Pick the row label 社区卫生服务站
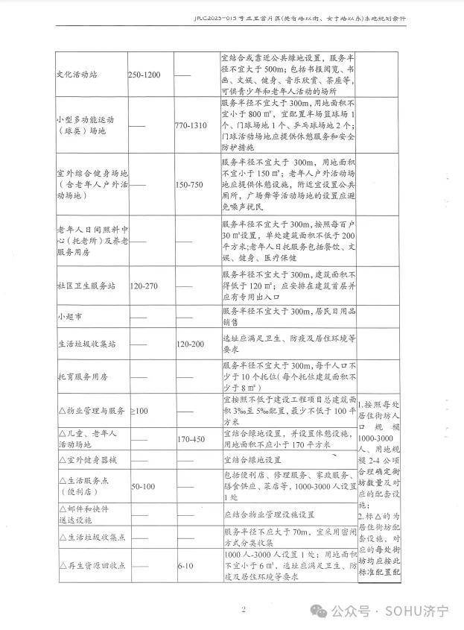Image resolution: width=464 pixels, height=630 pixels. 87,286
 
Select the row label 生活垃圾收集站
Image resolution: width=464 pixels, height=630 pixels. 87,344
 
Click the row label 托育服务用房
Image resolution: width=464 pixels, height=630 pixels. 83,377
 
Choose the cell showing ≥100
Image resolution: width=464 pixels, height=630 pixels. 139,411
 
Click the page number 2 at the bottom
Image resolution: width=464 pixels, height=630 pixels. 243,610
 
